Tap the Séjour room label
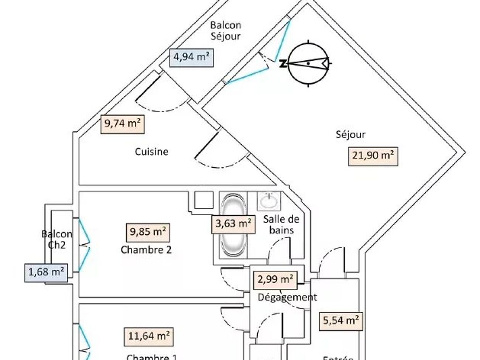pos(350,134)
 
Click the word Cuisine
pos(151,151)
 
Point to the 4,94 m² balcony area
pos(191,58)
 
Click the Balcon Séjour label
pos(226,31)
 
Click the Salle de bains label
pos(281,224)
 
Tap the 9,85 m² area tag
pos(148,232)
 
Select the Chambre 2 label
pos(146,250)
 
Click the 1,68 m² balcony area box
pos(46,273)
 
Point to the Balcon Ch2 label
pos(56,239)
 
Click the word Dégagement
pos(287,297)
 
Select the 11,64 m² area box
pos(148,337)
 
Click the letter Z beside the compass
pos(283,64)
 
